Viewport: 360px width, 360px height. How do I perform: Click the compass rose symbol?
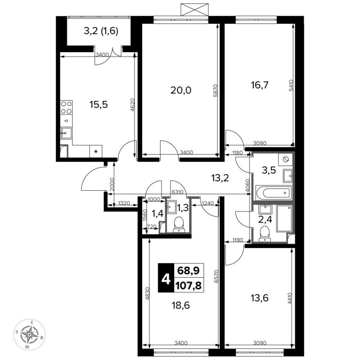(29, 334)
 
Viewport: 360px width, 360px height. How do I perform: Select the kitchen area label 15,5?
(99, 105)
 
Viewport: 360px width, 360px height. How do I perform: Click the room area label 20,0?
(181, 90)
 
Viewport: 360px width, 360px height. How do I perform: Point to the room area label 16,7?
(260, 85)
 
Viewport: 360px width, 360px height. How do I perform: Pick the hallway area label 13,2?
(220, 178)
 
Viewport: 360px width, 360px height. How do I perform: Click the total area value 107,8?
(188, 286)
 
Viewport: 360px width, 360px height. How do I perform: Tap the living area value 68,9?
(188, 271)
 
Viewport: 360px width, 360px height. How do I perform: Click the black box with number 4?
(166, 278)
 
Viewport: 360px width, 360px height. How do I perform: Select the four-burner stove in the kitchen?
(66, 108)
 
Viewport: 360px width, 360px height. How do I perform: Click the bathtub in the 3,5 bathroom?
(274, 193)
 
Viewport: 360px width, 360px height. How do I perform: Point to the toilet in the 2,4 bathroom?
(265, 234)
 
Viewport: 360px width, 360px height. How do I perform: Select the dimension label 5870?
(216, 90)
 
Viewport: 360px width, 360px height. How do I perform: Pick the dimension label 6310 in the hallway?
(177, 192)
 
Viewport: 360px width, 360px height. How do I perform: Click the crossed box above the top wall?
(195, 9)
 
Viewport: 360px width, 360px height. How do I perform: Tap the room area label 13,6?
(260, 298)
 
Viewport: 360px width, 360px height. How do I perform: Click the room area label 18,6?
(181, 306)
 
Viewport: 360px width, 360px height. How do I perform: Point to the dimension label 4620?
(132, 105)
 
